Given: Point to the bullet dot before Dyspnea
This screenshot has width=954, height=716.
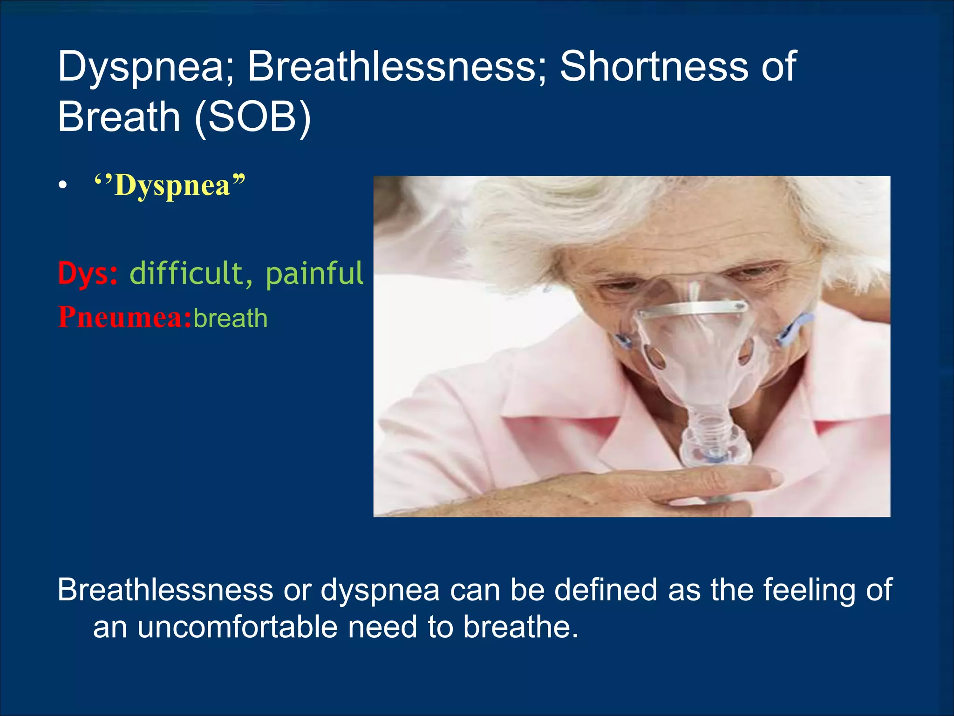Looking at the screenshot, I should (x=63, y=186).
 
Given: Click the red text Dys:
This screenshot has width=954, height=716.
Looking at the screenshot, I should (x=88, y=273).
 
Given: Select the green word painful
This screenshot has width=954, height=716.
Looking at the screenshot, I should (x=314, y=273).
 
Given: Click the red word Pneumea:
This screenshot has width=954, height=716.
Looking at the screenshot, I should (x=124, y=318).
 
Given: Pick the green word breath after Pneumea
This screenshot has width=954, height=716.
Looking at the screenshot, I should (x=231, y=319).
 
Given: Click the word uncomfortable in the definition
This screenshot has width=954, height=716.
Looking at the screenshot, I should (x=238, y=627).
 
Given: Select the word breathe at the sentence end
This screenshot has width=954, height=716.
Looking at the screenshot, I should (x=520, y=627).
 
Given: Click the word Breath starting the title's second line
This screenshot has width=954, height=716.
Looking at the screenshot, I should (x=119, y=117).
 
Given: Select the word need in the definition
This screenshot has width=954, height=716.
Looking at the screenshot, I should (x=383, y=627).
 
